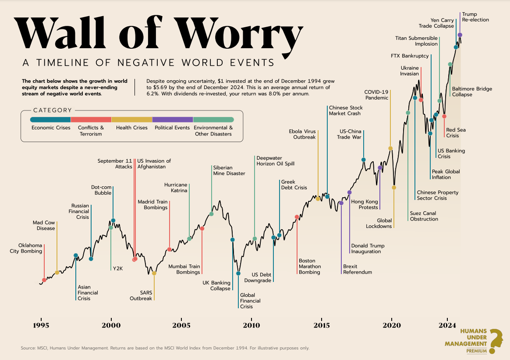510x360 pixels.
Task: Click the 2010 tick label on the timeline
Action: pos(251,325)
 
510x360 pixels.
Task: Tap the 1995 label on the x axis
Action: pos(41,325)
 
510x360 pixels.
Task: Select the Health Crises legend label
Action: pos(131,128)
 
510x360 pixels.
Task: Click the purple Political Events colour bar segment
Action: pos(173,119)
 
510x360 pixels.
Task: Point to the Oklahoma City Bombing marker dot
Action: pos(44,280)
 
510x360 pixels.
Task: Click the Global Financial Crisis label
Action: pos(250,301)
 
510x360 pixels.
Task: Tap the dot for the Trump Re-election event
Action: pos(460,35)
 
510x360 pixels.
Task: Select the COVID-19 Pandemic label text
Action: pos(376,95)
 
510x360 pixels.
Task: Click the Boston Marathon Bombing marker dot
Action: pos(297,217)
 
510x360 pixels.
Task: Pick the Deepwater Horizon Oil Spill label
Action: pos(275,160)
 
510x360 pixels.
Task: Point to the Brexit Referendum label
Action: pos(357,269)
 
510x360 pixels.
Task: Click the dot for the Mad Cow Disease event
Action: pos(57,273)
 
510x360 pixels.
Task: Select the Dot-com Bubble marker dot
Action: pos(113,221)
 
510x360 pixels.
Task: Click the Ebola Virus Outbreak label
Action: pos(302,134)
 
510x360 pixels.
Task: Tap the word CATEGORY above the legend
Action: pos(52,110)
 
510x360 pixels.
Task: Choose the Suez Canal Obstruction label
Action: pos(424,216)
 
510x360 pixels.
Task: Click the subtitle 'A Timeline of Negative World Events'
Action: pos(149,63)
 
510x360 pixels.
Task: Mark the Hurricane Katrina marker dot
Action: pos(189,239)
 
